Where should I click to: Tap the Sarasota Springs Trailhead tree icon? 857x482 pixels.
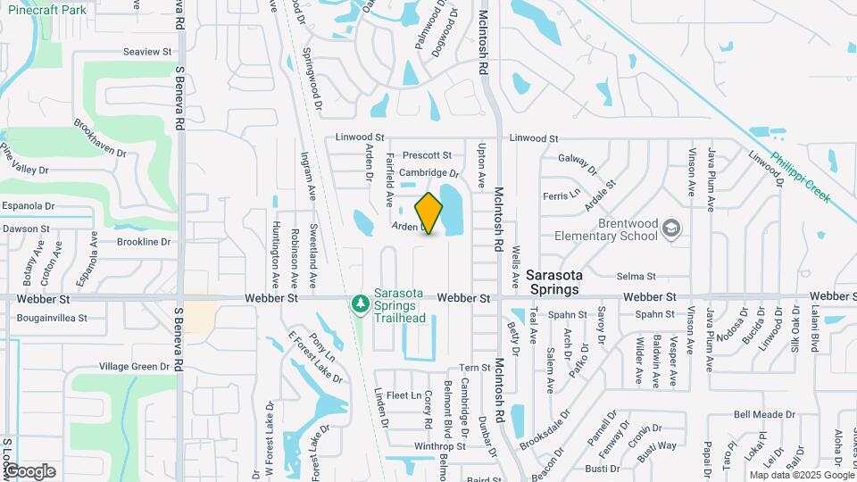[x=361, y=304]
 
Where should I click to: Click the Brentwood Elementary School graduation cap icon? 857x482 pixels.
[x=670, y=230]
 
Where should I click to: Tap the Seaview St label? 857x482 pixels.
[x=147, y=52]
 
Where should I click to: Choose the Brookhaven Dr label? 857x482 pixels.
[x=101, y=138]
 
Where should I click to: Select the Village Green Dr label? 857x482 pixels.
[x=133, y=366]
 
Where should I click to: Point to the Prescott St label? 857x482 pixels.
[x=427, y=155]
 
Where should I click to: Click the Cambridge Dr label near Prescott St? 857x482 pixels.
[x=428, y=173]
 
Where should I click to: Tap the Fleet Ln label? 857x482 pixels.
[x=404, y=395]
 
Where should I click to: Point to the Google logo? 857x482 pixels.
[x=29, y=471]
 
